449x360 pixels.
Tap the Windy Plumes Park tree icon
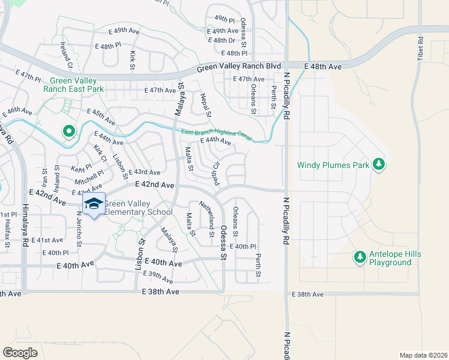pos(379,164)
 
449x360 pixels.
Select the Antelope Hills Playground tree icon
pos(360,257)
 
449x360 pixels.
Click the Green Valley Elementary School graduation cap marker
pos(93,205)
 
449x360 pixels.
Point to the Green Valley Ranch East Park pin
pos(68,131)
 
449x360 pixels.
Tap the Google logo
pos(20,352)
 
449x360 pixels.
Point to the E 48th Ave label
pos(322,65)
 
